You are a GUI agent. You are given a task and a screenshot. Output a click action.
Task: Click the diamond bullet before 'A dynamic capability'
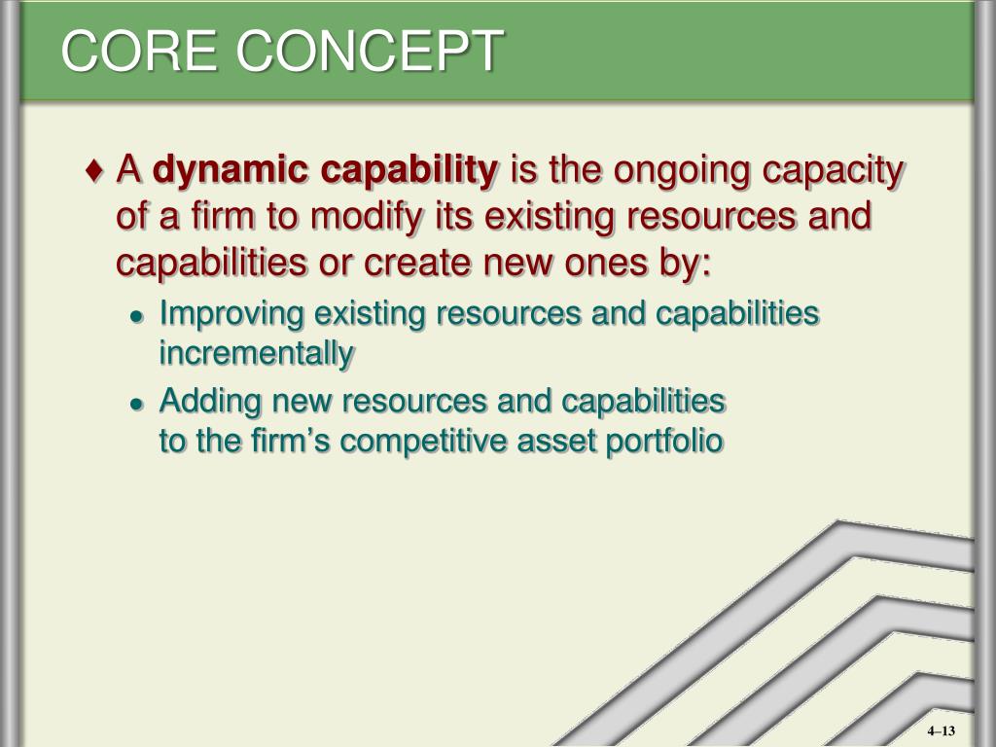coord(94,171)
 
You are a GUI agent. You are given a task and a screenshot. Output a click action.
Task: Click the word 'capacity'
coord(844,172)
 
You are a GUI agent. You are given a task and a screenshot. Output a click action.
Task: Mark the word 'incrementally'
coord(257,354)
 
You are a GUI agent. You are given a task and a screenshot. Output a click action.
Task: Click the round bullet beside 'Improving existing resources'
coord(138,317)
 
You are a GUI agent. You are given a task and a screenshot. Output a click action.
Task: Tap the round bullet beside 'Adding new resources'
coord(138,403)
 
